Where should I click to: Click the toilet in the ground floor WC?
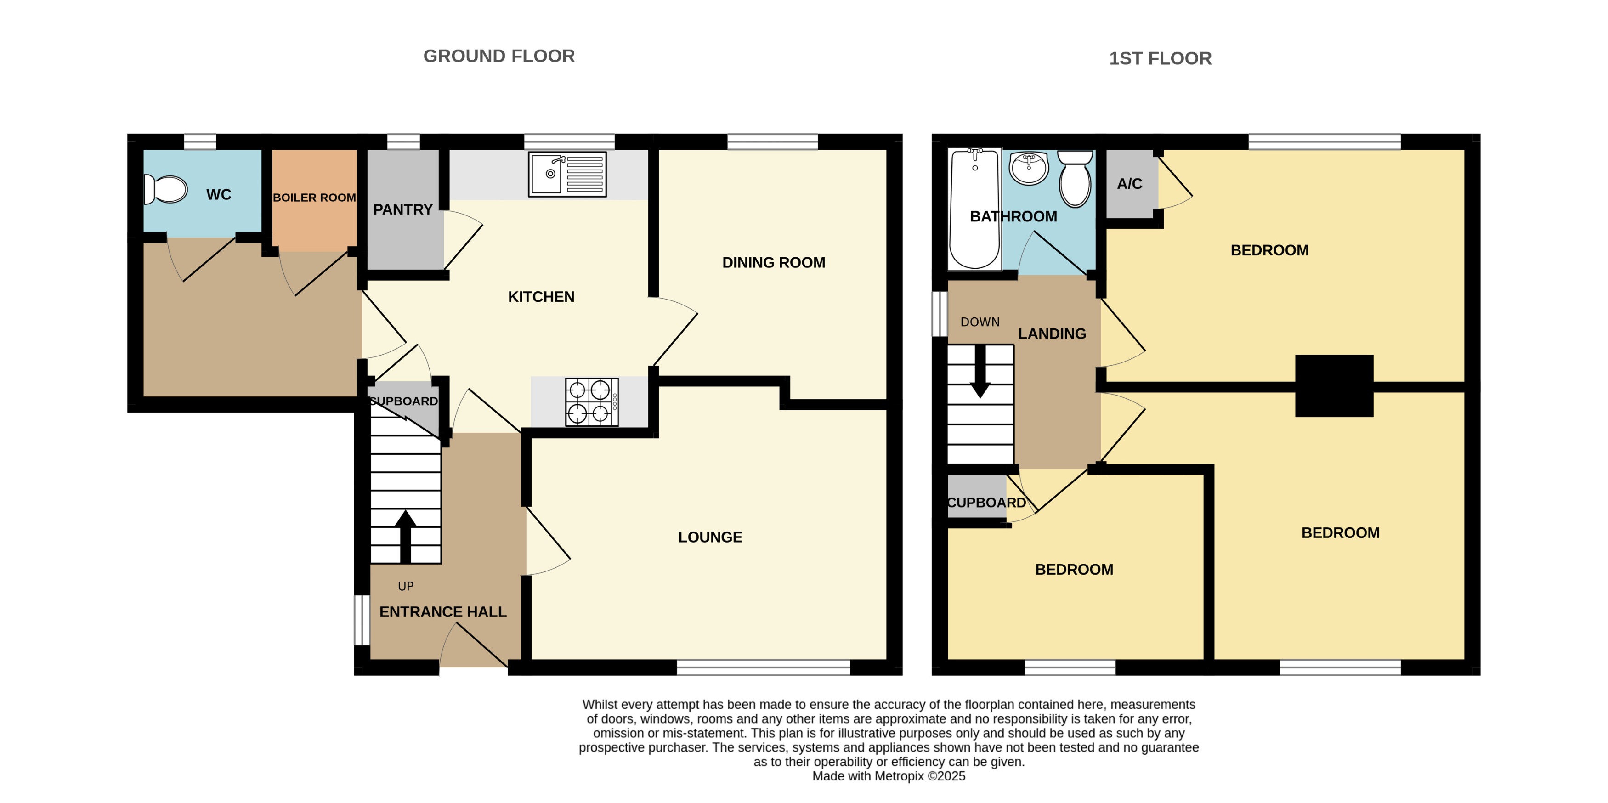point(165,189)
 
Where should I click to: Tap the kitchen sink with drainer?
point(567,174)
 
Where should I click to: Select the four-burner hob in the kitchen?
point(591,402)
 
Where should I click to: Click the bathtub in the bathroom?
point(974,209)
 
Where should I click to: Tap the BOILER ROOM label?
point(314,198)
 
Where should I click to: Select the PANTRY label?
point(402,209)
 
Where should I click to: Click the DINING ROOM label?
point(773,263)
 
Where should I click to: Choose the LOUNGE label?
point(710,537)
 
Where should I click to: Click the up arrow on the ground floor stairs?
point(405,536)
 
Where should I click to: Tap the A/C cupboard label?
point(1129,184)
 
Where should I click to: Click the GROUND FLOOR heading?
point(499,56)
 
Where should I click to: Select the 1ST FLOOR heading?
point(1160,59)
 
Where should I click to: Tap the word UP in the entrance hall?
point(406,587)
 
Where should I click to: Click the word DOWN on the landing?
point(980,322)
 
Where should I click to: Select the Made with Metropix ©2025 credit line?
point(888,776)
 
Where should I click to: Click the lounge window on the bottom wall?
point(763,667)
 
